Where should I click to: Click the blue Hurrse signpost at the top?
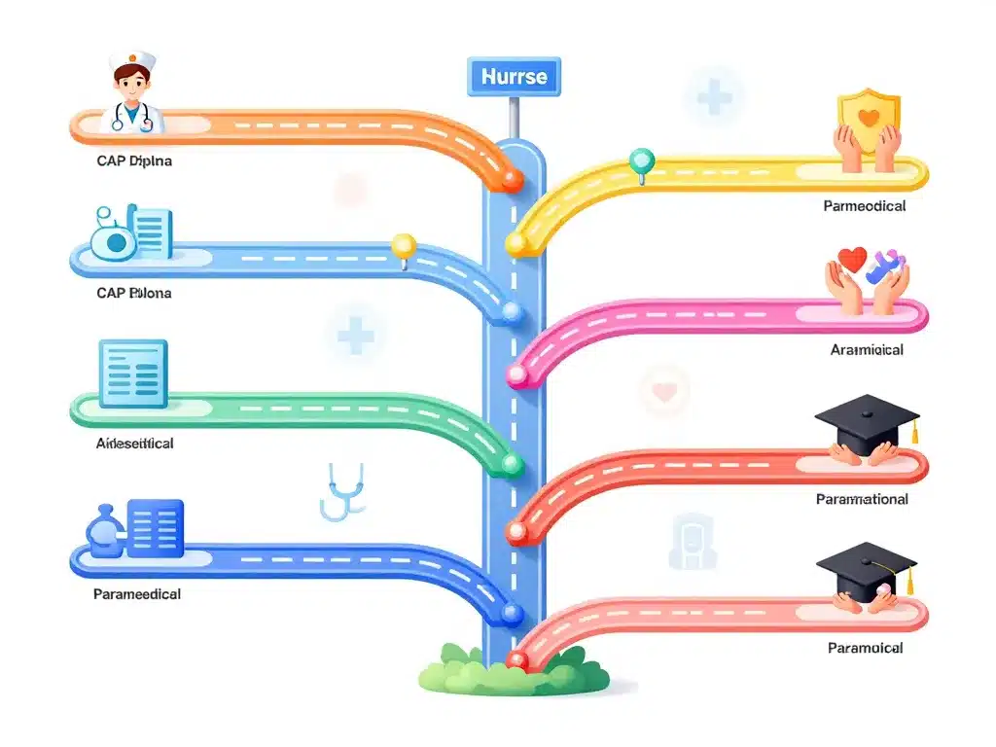click(x=514, y=76)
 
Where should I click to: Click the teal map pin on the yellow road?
click(x=641, y=160)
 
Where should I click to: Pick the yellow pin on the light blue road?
click(x=403, y=245)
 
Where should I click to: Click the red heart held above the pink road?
click(x=852, y=260)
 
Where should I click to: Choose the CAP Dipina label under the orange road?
click(x=133, y=160)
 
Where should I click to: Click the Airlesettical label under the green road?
click(x=135, y=444)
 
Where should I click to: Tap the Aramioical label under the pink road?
click(x=867, y=349)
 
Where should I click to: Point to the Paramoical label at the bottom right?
click(x=865, y=648)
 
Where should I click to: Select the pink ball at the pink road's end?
click(x=516, y=374)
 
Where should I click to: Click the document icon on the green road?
click(x=133, y=373)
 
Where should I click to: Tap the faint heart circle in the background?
click(x=664, y=393)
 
